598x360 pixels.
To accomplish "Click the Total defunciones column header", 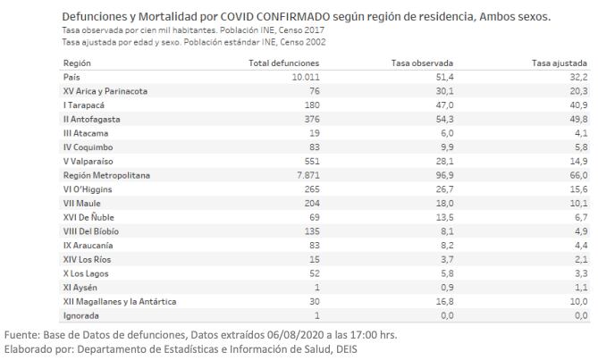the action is click(283, 63).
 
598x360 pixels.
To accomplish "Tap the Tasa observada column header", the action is click(422, 63).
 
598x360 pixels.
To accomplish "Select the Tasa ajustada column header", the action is click(560, 63).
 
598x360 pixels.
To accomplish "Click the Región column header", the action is click(77, 63).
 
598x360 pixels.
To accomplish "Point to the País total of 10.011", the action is click(306, 78).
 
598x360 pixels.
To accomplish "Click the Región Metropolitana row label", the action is click(106, 176).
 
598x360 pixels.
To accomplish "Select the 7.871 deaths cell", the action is click(308, 176).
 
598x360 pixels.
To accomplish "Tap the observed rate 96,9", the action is click(444, 176).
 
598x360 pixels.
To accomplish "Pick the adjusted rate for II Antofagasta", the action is click(578, 119).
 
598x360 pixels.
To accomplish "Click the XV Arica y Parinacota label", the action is click(105, 91).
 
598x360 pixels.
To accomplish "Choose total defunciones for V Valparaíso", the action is click(312, 162).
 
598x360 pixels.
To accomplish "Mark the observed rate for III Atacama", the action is click(447, 133).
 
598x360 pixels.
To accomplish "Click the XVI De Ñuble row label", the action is click(88, 218).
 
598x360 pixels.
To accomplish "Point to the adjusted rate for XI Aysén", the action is click(581, 288).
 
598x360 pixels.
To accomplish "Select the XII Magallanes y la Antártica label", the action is click(120, 302).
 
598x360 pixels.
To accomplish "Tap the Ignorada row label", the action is click(80, 316).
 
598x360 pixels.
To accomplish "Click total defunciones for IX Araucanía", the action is click(315, 246).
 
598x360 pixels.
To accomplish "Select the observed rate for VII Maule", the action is click(444, 204).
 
